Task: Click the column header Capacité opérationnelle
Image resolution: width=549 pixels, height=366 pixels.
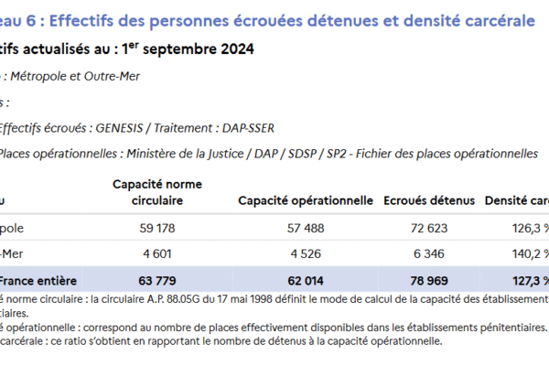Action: point(305,199)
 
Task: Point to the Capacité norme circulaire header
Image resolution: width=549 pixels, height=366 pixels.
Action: point(157,191)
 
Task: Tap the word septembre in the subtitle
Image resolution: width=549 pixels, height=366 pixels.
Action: point(178,48)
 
